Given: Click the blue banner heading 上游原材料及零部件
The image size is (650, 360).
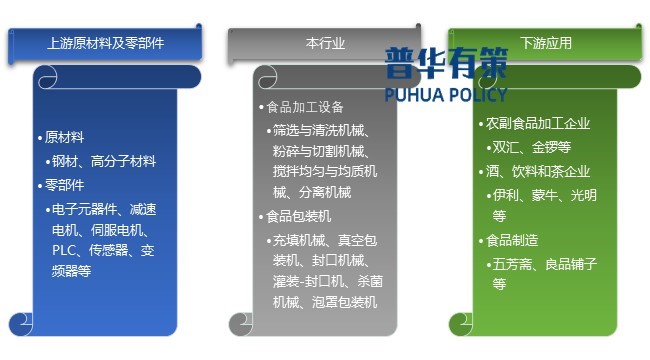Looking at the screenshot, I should (x=105, y=44).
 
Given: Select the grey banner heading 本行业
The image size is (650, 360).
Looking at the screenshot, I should (x=325, y=44).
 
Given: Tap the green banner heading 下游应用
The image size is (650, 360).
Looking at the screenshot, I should (x=545, y=44).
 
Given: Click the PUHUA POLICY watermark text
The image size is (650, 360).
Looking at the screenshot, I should (x=446, y=94).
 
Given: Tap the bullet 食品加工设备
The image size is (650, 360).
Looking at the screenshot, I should (x=304, y=107).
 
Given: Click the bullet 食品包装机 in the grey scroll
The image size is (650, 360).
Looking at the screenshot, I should (x=298, y=216).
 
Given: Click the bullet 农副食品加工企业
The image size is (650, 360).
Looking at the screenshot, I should (x=538, y=124).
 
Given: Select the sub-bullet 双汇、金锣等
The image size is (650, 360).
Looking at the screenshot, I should (x=531, y=147).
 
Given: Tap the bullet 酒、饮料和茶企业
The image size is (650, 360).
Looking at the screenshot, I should (x=538, y=171).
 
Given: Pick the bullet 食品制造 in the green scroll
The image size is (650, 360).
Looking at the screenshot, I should (x=512, y=240).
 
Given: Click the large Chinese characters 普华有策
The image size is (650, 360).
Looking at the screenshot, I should (x=446, y=63).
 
